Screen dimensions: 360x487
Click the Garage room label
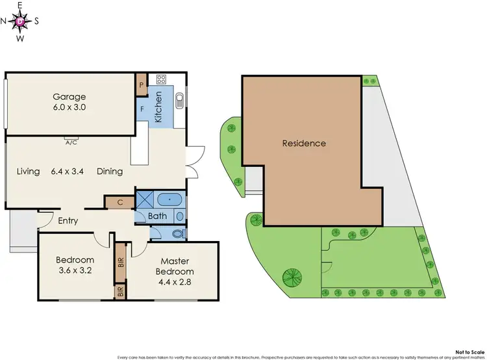coord(71,97)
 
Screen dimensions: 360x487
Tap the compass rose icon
coord(20,21)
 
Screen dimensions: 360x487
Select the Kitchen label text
coord(158,107)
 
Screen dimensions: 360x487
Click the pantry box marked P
coord(142,84)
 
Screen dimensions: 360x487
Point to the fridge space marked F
coord(142,109)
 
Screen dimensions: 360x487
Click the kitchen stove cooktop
coord(160,80)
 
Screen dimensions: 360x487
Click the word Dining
coord(110,172)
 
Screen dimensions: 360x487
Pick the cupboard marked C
coord(121,202)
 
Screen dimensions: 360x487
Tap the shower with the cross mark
coord(144,198)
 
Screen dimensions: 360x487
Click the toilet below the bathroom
coord(177,232)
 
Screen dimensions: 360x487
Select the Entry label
coord(68,221)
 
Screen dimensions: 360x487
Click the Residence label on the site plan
coord(304,144)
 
